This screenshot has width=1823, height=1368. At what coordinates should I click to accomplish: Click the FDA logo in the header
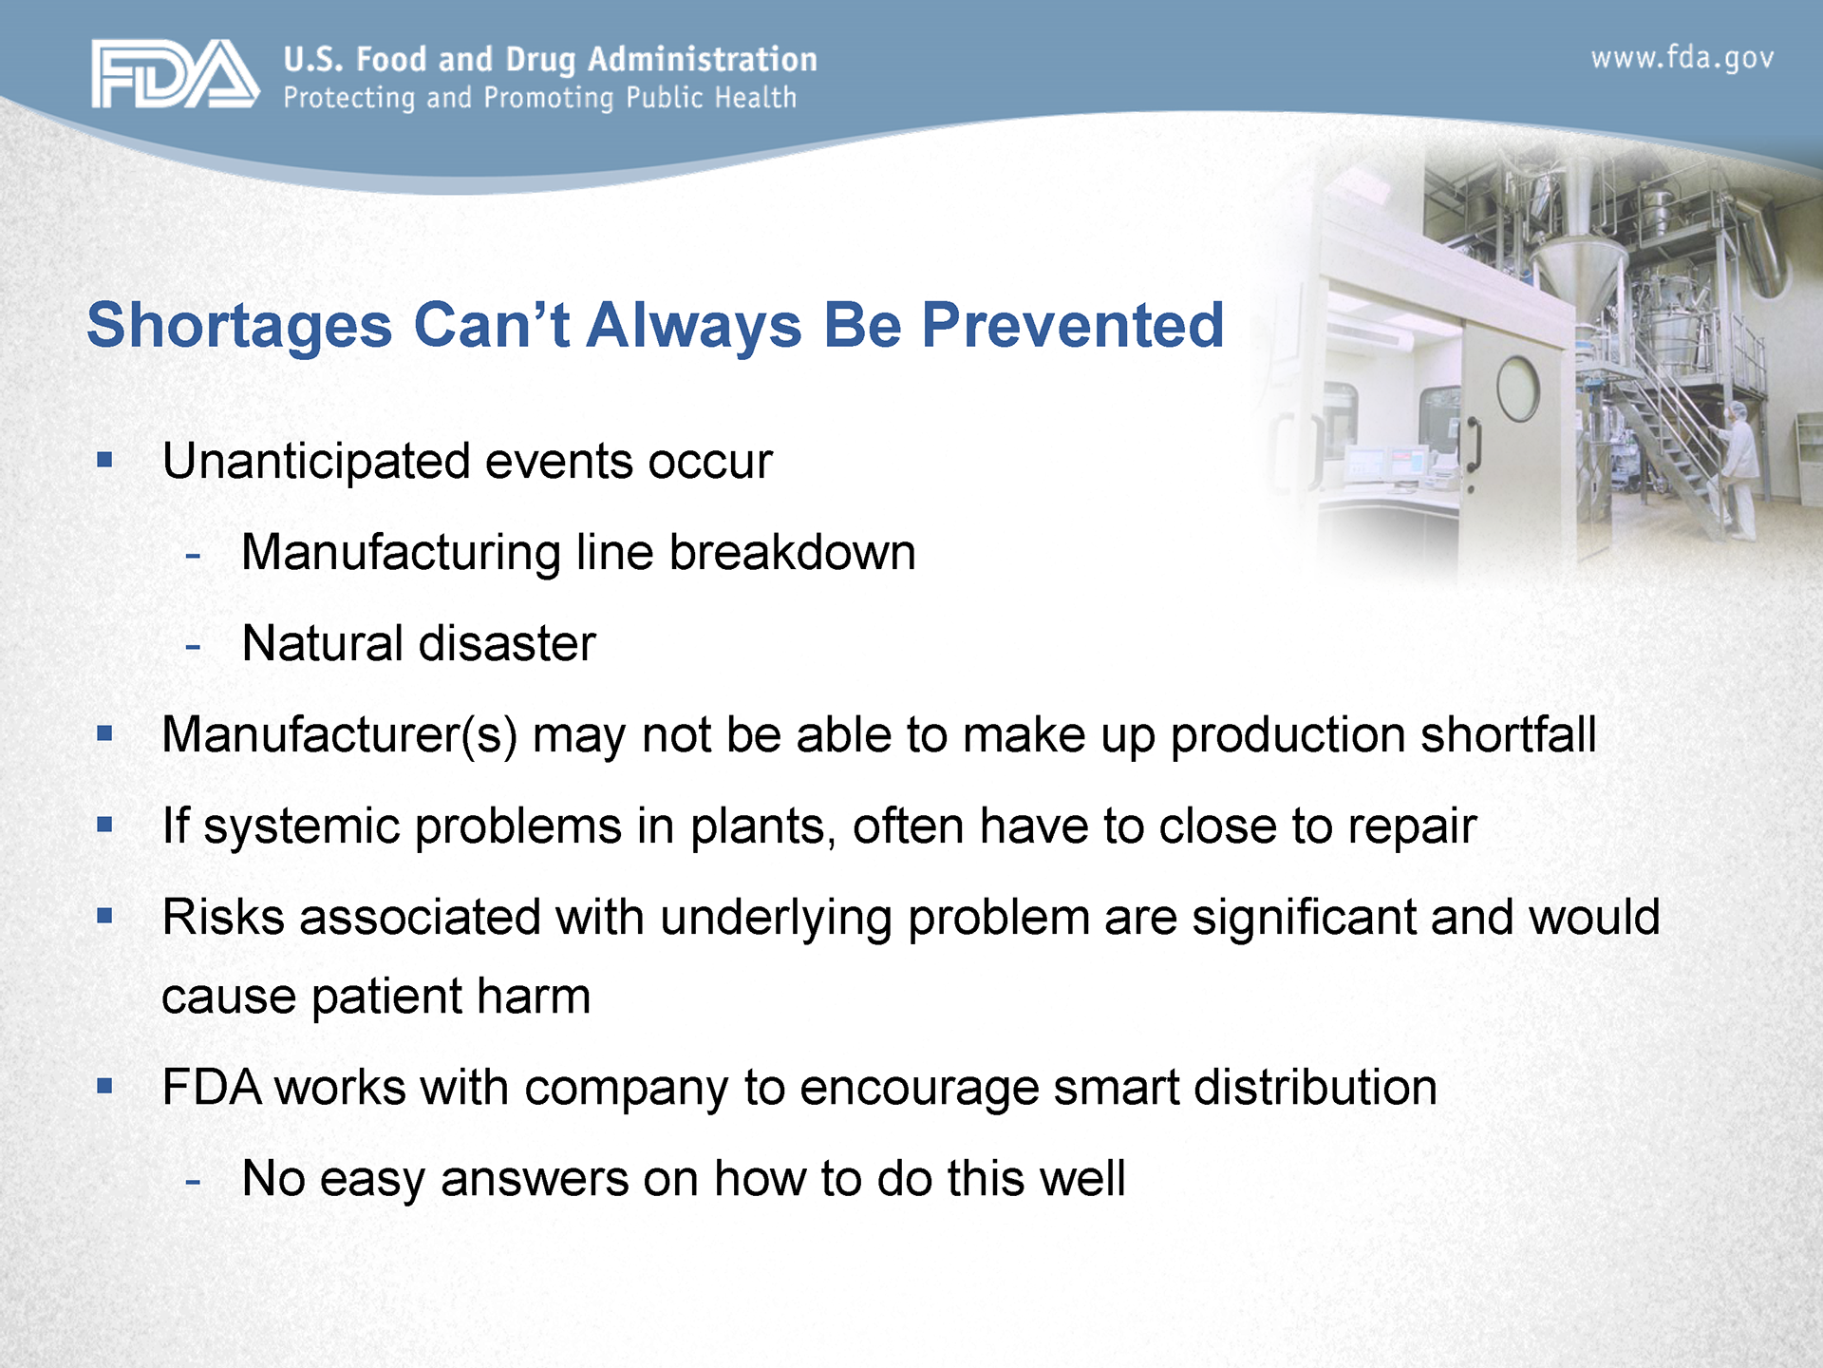(x=176, y=73)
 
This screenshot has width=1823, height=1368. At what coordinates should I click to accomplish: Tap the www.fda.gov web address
(x=1682, y=59)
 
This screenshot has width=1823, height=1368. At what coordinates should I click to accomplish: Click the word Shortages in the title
(x=239, y=326)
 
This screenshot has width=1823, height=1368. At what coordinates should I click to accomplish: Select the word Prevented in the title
(x=1073, y=325)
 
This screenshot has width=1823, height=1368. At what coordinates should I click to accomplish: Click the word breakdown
(x=793, y=552)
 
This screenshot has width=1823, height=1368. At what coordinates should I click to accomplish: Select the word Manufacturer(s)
(x=340, y=735)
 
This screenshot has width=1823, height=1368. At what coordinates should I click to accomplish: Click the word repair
(x=1413, y=827)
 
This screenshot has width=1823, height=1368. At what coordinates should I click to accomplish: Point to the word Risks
(x=223, y=918)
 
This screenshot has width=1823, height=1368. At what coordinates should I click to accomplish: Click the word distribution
(x=1315, y=1088)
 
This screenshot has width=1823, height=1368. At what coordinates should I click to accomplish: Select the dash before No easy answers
(x=193, y=1182)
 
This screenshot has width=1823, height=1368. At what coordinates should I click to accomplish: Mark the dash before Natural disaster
(x=193, y=647)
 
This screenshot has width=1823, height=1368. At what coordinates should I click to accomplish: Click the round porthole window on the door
(x=1518, y=389)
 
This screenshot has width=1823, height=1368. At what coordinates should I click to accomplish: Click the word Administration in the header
(x=703, y=59)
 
